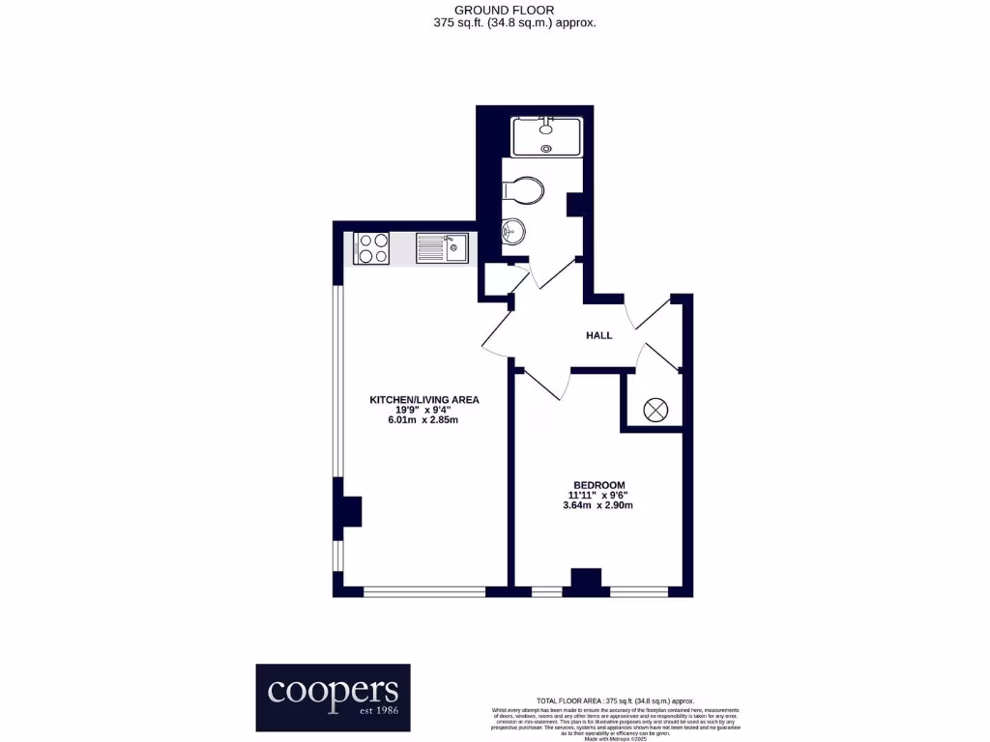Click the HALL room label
click(599, 335)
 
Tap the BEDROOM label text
click(599, 485)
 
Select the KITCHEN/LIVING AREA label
click(424, 399)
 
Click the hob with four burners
click(371, 248)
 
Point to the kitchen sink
click(442, 248)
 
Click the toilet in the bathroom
click(523, 190)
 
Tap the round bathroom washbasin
click(514, 231)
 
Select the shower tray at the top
click(547, 136)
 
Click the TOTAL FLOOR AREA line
click(615, 700)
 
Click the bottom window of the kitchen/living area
click(423, 590)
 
